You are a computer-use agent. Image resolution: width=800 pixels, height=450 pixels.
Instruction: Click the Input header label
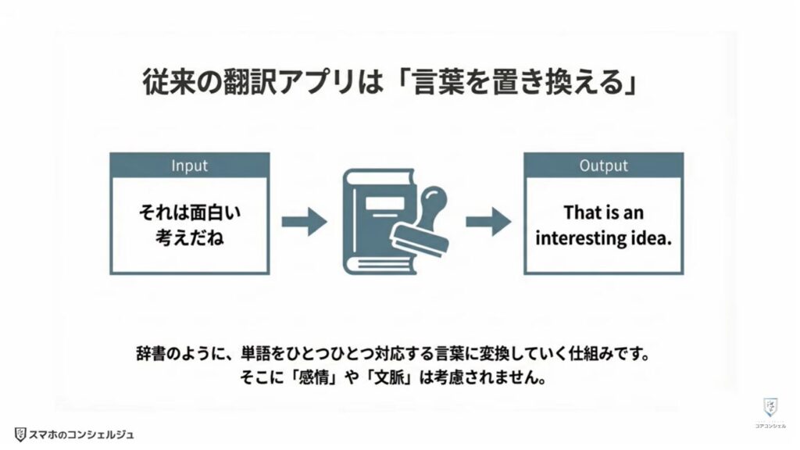[x=189, y=166]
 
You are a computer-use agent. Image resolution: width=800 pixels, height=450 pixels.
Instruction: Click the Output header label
[x=603, y=166]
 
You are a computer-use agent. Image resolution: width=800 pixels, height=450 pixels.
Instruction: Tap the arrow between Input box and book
[x=304, y=222]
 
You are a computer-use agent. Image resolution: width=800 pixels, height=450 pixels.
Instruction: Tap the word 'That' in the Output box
[x=582, y=212]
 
